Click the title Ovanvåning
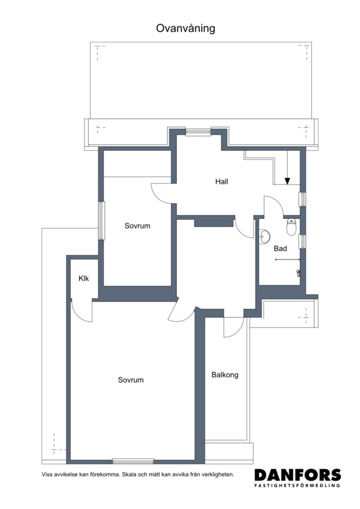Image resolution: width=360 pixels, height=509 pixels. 185,28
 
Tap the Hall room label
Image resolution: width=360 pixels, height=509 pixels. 222,181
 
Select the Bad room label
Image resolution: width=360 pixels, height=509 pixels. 280,249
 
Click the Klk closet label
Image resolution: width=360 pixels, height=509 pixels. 84,278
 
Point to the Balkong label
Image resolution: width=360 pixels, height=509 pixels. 225,375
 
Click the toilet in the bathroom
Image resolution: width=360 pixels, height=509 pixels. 292,227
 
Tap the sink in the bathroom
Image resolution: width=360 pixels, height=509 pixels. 264,236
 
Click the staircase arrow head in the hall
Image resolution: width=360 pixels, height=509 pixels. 287,181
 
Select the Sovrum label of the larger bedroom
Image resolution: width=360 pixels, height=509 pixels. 131,380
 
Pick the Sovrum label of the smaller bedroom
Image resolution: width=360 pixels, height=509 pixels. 137,226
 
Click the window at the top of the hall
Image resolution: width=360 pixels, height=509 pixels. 198,132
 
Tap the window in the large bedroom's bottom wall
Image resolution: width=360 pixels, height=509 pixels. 133,461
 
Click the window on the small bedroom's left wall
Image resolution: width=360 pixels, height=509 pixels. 102,221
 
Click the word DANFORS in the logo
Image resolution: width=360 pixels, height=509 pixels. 298,475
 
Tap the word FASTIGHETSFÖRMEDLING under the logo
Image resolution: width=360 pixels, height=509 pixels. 298,485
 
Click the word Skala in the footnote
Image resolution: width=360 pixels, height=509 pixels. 129,474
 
